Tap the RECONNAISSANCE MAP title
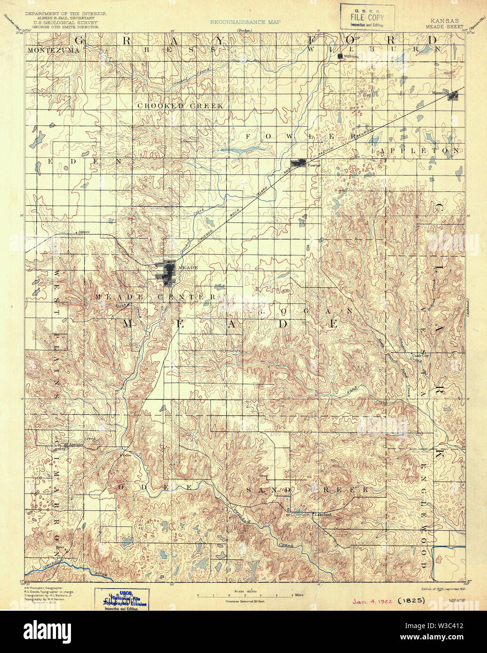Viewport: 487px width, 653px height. point(245,22)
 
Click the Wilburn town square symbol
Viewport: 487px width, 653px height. point(340,56)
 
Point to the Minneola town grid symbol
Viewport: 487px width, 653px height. point(453,96)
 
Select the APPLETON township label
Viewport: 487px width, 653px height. point(420,151)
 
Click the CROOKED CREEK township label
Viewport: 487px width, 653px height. point(180,106)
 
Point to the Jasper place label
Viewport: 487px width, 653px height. point(84,232)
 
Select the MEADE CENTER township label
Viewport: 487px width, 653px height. point(155,297)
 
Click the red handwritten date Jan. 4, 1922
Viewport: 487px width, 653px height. point(372,600)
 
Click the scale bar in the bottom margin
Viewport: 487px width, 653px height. point(244,595)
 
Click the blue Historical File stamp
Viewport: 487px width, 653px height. point(125,600)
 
